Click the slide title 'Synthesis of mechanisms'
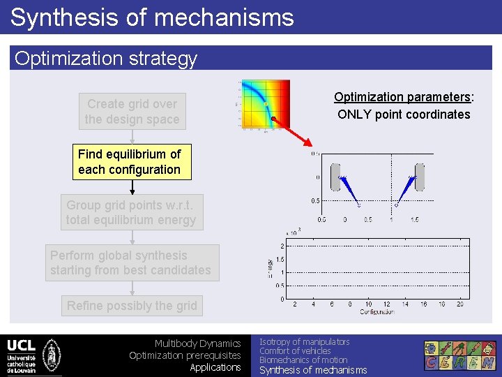(x=152, y=17)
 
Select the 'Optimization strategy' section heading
(x=106, y=59)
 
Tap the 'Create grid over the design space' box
(x=132, y=112)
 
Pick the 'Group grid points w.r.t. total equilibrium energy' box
(x=132, y=212)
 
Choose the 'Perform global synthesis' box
(x=131, y=263)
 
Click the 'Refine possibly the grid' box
(x=132, y=305)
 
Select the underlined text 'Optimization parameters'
(x=402, y=97)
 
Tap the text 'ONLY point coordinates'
(x=404, y=114)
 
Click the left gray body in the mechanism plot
(x=335, y=177)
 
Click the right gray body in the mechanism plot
(x=419, y=177)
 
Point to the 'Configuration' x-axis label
(x=376, y=311)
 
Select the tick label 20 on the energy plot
(x=459, y=304)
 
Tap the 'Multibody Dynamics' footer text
(x=197, y=343)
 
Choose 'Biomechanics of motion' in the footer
(x=303, y=360)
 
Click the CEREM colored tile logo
(x=461, y=355)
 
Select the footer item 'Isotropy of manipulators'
(x=304, y=341)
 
